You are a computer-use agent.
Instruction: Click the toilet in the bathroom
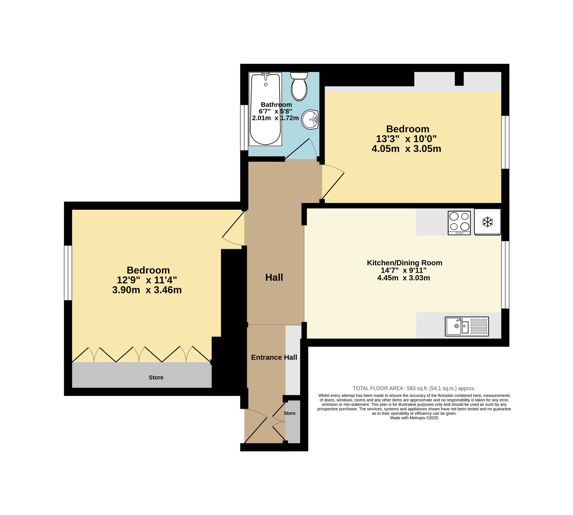click(299, 86)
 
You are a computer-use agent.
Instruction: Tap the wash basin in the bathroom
click(310, 120)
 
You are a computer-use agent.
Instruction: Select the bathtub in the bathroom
click(266, 109)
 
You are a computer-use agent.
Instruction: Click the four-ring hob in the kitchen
click(459, 223)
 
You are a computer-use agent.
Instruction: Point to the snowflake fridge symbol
click(487, 222)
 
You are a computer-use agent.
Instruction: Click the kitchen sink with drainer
click(467, 326)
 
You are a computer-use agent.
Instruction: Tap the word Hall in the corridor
click(274, 277)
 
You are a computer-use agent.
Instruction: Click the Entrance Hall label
click(274, 357)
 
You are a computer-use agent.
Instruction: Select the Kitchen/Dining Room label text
click(405, 263)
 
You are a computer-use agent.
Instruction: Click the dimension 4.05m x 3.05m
click(406, 149)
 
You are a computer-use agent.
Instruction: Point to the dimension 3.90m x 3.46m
click(147, 290)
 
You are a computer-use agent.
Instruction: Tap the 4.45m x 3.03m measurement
click(404, 278)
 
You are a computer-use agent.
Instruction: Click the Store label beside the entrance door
click(290, 413)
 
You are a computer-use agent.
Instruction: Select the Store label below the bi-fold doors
click(156, 377)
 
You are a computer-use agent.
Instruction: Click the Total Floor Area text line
click(414, 388)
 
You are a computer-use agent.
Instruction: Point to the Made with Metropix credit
click(414, 418)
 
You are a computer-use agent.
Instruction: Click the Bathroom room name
click(276, 105)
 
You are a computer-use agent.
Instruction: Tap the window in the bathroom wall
click(244, 128)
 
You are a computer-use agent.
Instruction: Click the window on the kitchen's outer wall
click(505, 275)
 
